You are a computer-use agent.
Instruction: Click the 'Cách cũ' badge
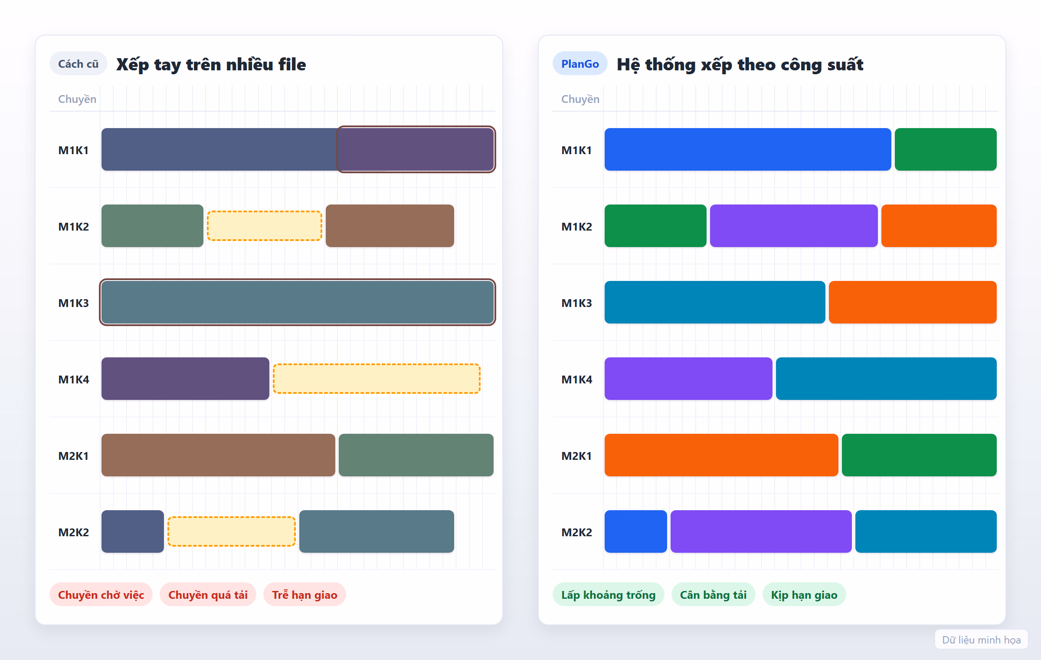[79, 64]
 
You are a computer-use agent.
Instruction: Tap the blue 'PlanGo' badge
[580, 64]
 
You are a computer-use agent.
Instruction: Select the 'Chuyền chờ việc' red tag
[101, 594]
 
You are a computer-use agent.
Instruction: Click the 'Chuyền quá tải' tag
[208, 594]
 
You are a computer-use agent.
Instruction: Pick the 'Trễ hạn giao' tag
[304, 594]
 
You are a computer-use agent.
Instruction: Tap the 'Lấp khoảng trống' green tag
[609, 594]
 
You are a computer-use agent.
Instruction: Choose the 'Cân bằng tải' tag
[714, 594]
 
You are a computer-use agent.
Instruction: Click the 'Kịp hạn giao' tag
[804, 594]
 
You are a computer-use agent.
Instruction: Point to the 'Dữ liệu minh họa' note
[982, 640]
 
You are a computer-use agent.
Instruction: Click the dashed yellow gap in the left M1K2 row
[265, 226]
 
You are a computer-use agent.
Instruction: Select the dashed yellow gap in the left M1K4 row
[376, 379]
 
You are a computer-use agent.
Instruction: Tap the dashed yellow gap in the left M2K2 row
[232, 531]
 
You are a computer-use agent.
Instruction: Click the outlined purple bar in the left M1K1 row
[416, 149]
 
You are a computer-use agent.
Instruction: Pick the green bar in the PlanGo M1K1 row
[946, 149]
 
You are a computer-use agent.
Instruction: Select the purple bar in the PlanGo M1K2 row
[794, 226]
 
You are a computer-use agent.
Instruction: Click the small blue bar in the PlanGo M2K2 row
[636, 531]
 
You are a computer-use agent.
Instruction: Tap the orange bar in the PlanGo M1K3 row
[913, 302]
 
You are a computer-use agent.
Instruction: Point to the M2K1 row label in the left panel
[74, 456]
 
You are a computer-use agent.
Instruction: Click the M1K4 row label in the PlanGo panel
[577, 379]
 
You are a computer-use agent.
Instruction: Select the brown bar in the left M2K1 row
[218, 455]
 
